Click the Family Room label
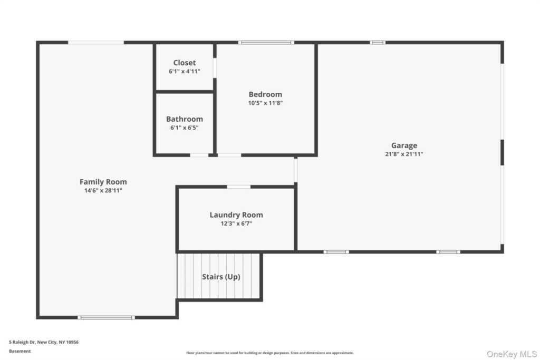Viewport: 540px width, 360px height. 103,182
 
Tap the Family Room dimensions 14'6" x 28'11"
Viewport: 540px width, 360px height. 103,190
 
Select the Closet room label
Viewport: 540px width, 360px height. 185,63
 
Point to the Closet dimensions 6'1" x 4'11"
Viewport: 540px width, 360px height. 185,71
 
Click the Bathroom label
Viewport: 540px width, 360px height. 185,119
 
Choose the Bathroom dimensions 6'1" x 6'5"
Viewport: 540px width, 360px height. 185,128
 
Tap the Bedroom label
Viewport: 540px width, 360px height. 265,94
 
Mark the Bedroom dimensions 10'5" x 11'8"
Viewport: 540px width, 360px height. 265,103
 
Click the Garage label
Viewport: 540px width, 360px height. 404,145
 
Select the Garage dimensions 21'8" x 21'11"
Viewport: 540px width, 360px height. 404,154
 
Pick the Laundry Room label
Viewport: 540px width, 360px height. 236,215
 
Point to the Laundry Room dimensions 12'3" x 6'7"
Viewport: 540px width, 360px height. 236,223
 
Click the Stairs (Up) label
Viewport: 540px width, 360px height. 221,277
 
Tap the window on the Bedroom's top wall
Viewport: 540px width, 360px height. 266,42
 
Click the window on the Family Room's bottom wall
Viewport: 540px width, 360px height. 106,317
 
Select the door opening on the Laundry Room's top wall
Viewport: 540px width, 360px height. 238,187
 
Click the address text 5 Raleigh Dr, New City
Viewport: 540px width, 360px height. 44,342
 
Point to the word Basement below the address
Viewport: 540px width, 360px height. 20,351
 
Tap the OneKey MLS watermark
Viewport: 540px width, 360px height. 511,353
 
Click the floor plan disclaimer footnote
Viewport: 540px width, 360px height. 269,353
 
